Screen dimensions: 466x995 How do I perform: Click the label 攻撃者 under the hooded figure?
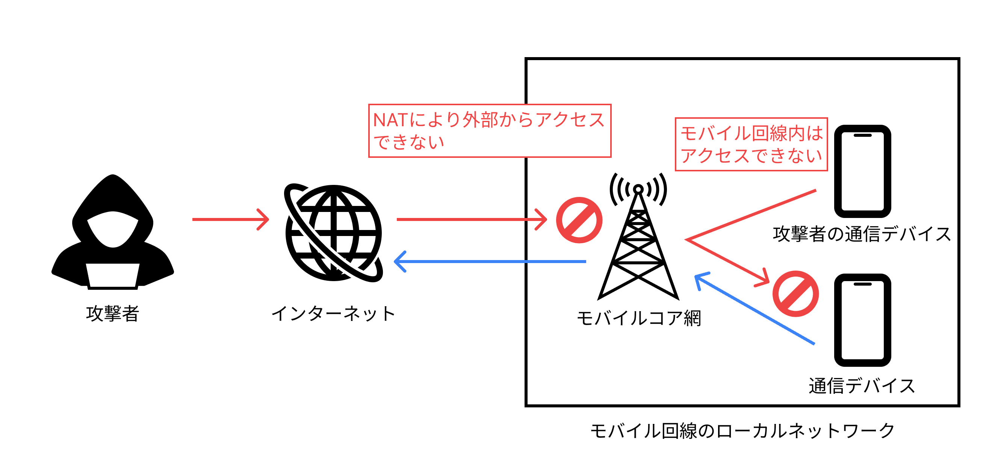tap(112, 313)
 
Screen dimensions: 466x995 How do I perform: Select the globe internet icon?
tap(333, 233)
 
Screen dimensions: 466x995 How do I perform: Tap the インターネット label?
tap(333, 313)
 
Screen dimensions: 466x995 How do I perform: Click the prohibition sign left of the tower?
tap(579, 220)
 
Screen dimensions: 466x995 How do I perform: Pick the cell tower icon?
tap(638, 239)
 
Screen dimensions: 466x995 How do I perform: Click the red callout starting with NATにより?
tap(489, 131)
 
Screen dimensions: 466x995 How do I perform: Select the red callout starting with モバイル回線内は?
tap(751, 144)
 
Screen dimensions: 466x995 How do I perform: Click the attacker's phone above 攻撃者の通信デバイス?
tap(862, 171)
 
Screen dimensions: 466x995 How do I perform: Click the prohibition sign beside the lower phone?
tap(795, 294)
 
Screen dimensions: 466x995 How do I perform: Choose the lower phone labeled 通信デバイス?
tap(862, 320)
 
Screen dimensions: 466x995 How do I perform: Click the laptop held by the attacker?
tap(112, 275)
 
